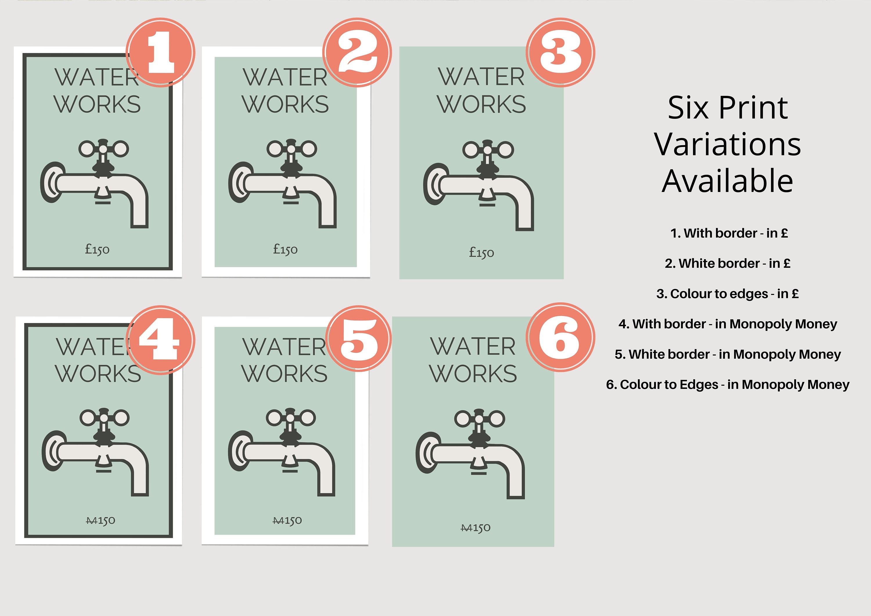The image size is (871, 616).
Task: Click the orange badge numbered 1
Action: coord(161,52)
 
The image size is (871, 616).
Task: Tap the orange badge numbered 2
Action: coord(357,52)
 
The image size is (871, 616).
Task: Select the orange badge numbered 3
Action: coord(560,52)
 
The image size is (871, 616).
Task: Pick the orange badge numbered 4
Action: coord(161,340)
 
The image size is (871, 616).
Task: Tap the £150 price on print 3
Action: coord(481,252)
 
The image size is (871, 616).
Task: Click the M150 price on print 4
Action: coord(100,520)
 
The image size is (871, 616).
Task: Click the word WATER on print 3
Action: coord(481,77)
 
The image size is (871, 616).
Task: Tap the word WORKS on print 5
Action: coord(285,374)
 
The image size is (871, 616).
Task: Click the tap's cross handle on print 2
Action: coord(291,149)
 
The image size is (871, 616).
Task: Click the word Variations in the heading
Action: coord(727,145)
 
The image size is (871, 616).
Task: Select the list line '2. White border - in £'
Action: coord(727,263)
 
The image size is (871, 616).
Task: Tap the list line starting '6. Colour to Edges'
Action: coord(727,385)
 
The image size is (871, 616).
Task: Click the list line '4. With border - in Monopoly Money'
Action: coord(727,324)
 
